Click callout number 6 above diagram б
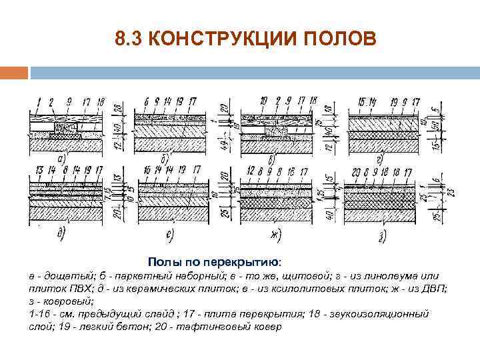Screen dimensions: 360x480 pos(146,102)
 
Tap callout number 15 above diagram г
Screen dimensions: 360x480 pos(361,102)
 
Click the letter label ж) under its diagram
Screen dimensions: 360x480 pos(275,234)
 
